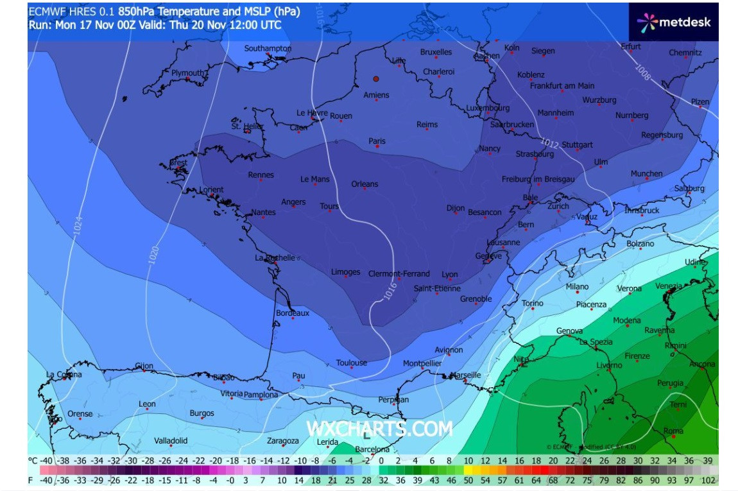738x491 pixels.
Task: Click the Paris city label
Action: point(377,141)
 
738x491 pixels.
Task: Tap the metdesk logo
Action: point(673,22)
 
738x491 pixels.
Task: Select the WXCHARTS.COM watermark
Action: point(379,429)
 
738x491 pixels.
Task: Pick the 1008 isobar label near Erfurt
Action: point(642,72)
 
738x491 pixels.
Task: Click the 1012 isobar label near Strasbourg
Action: point(549,142)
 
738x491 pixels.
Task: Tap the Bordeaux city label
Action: point(292,313)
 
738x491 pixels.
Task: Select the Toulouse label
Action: point(351,363)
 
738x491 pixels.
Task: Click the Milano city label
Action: point(577,287)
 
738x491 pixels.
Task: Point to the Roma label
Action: point(673,431)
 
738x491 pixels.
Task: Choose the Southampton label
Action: point(268,49)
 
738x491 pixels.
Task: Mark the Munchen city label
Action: point(646,173)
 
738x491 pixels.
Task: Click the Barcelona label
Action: point(372,449)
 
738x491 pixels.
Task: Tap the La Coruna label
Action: point(64,374)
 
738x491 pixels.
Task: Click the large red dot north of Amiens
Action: point(376,79)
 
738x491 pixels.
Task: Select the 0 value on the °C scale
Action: point(381,460)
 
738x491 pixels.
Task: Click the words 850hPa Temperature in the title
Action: point(164,11)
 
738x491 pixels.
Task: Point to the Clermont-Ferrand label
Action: point(399,274)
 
